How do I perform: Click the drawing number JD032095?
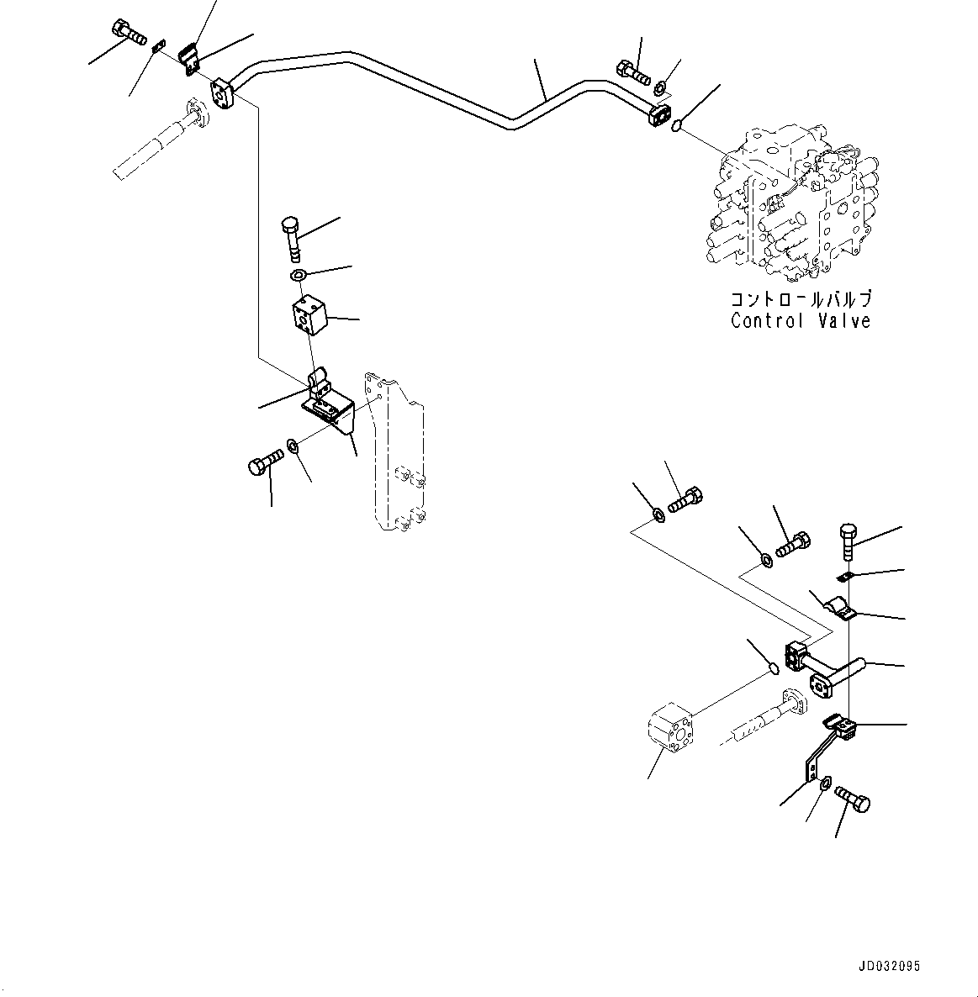(891, 967)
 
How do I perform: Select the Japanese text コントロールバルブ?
(799, 299)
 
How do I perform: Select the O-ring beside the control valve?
(677, 126)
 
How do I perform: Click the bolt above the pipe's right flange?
(633, 72)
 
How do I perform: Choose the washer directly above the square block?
(299, 275)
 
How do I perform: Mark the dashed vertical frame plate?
(394, 454)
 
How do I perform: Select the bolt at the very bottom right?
(853, 800)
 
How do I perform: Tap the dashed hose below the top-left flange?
(160, 143)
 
